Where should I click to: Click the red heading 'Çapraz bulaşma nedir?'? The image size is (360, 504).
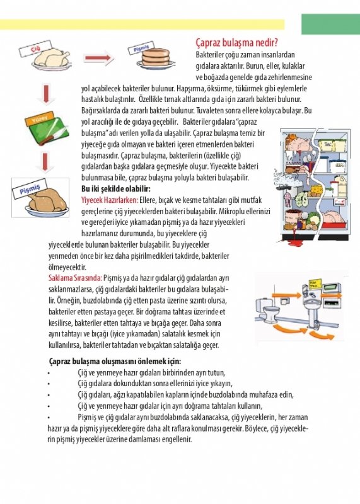pyautogui.click(x=237, y=43)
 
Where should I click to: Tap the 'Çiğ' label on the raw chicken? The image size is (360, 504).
pyautogui.click(x=35, y=49)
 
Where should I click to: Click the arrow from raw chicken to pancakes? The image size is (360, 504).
pyautogui.click(x=99, y=58)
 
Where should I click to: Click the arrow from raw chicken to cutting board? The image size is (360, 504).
pyautogui.click(x=45, y=94)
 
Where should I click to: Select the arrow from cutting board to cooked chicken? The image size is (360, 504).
pyautogui.click(x=45, y=163)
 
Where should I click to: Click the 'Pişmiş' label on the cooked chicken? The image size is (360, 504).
pyautogui.click(x=30, y=189)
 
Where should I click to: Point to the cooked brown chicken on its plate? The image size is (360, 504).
pyautogui.click(x=47, y=203)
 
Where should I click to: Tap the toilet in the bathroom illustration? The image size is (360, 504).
pyautogui.click(x=268, y=311)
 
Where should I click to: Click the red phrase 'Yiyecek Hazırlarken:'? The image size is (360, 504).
pyautogui.click(x=110, y=200)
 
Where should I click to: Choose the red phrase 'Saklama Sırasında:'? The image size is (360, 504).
pyautogui.click(x=75, y=278)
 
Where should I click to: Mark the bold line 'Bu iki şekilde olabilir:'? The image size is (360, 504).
pyautogui.click(x=116, y=188)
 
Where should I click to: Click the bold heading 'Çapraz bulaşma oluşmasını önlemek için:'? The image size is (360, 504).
pyautogui.click(x=115, y=361)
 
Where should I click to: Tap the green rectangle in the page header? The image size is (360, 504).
pyautogui.click(x=331, y=24)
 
